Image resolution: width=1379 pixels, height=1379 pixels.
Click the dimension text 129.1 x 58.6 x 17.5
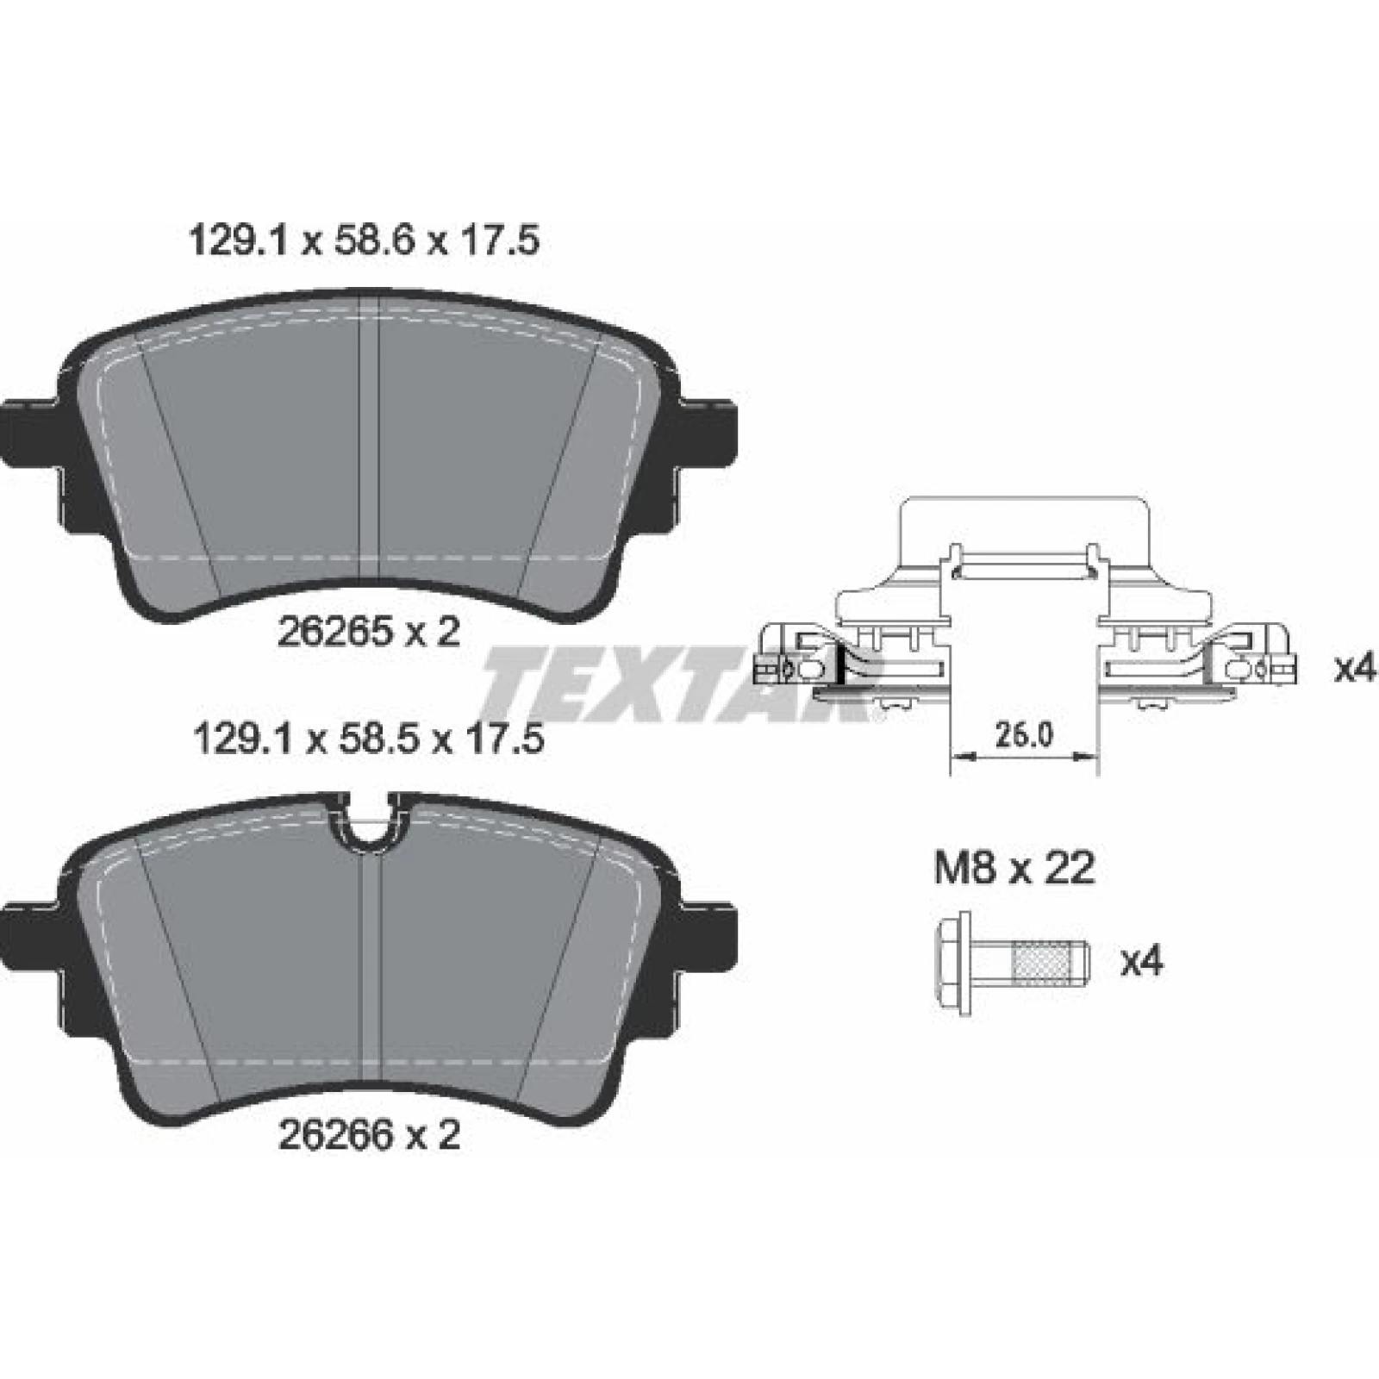(x=363, y=241)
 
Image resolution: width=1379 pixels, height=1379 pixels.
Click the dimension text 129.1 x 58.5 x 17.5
(x=370, y=739)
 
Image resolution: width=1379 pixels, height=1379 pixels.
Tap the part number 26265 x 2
(x=369, y=633)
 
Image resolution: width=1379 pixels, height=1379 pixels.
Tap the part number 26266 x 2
(x=369, y=1135)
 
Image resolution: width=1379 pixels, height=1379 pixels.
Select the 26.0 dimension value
(x=1024, y=735)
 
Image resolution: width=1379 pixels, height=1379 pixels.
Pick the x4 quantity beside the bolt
(x=1142, y=961)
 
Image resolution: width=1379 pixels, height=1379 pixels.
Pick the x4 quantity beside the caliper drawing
(x=1356, y=668)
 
